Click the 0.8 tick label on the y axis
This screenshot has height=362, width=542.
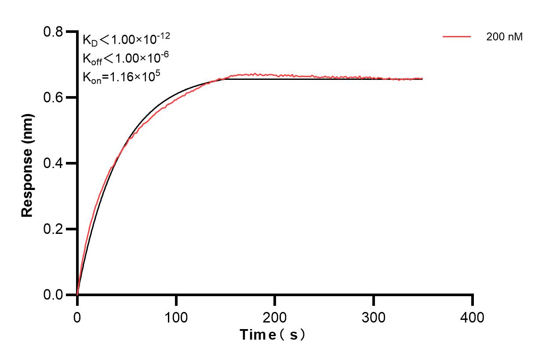54,32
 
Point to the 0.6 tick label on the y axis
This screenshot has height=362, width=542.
54,97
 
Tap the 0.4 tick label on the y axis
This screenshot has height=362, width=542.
54,163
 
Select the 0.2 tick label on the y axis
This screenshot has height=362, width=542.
54,229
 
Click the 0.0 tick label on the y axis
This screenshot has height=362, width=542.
54,295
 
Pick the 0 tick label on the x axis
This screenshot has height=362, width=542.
77,317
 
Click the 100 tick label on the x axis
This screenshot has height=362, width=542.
176,317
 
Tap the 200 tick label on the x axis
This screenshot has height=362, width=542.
275,317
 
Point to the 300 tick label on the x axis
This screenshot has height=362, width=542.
374,317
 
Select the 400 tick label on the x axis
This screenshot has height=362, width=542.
473,317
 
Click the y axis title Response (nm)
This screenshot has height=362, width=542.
27,163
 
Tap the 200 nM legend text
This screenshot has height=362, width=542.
505,37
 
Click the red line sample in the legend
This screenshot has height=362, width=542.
457,37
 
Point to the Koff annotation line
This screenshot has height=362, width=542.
126,58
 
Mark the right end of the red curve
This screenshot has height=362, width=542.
422,79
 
